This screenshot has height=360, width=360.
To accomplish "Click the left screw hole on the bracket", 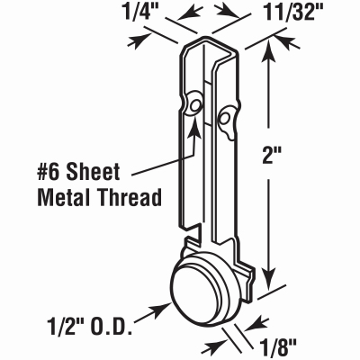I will click(x=193, y=107).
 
